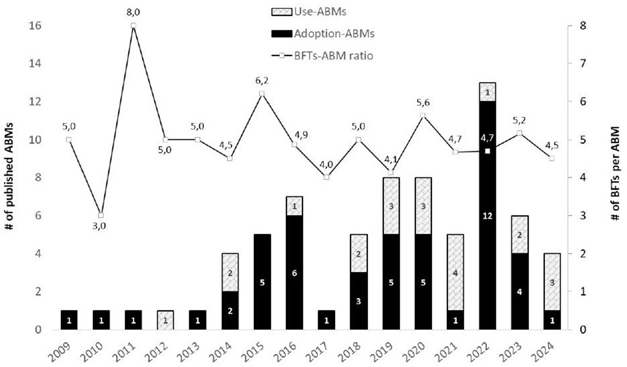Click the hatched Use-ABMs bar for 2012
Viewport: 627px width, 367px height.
click(x=165, y=320)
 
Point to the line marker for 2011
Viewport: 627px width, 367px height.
click(x=133, y=26)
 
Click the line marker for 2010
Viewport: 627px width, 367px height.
click(x=101, y=216)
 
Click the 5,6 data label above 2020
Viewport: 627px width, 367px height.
click(x=423, y=103)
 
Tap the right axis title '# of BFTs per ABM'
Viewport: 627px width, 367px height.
click(x=617, y=178)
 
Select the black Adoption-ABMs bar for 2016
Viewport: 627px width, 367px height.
click(x=294, y=272)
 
